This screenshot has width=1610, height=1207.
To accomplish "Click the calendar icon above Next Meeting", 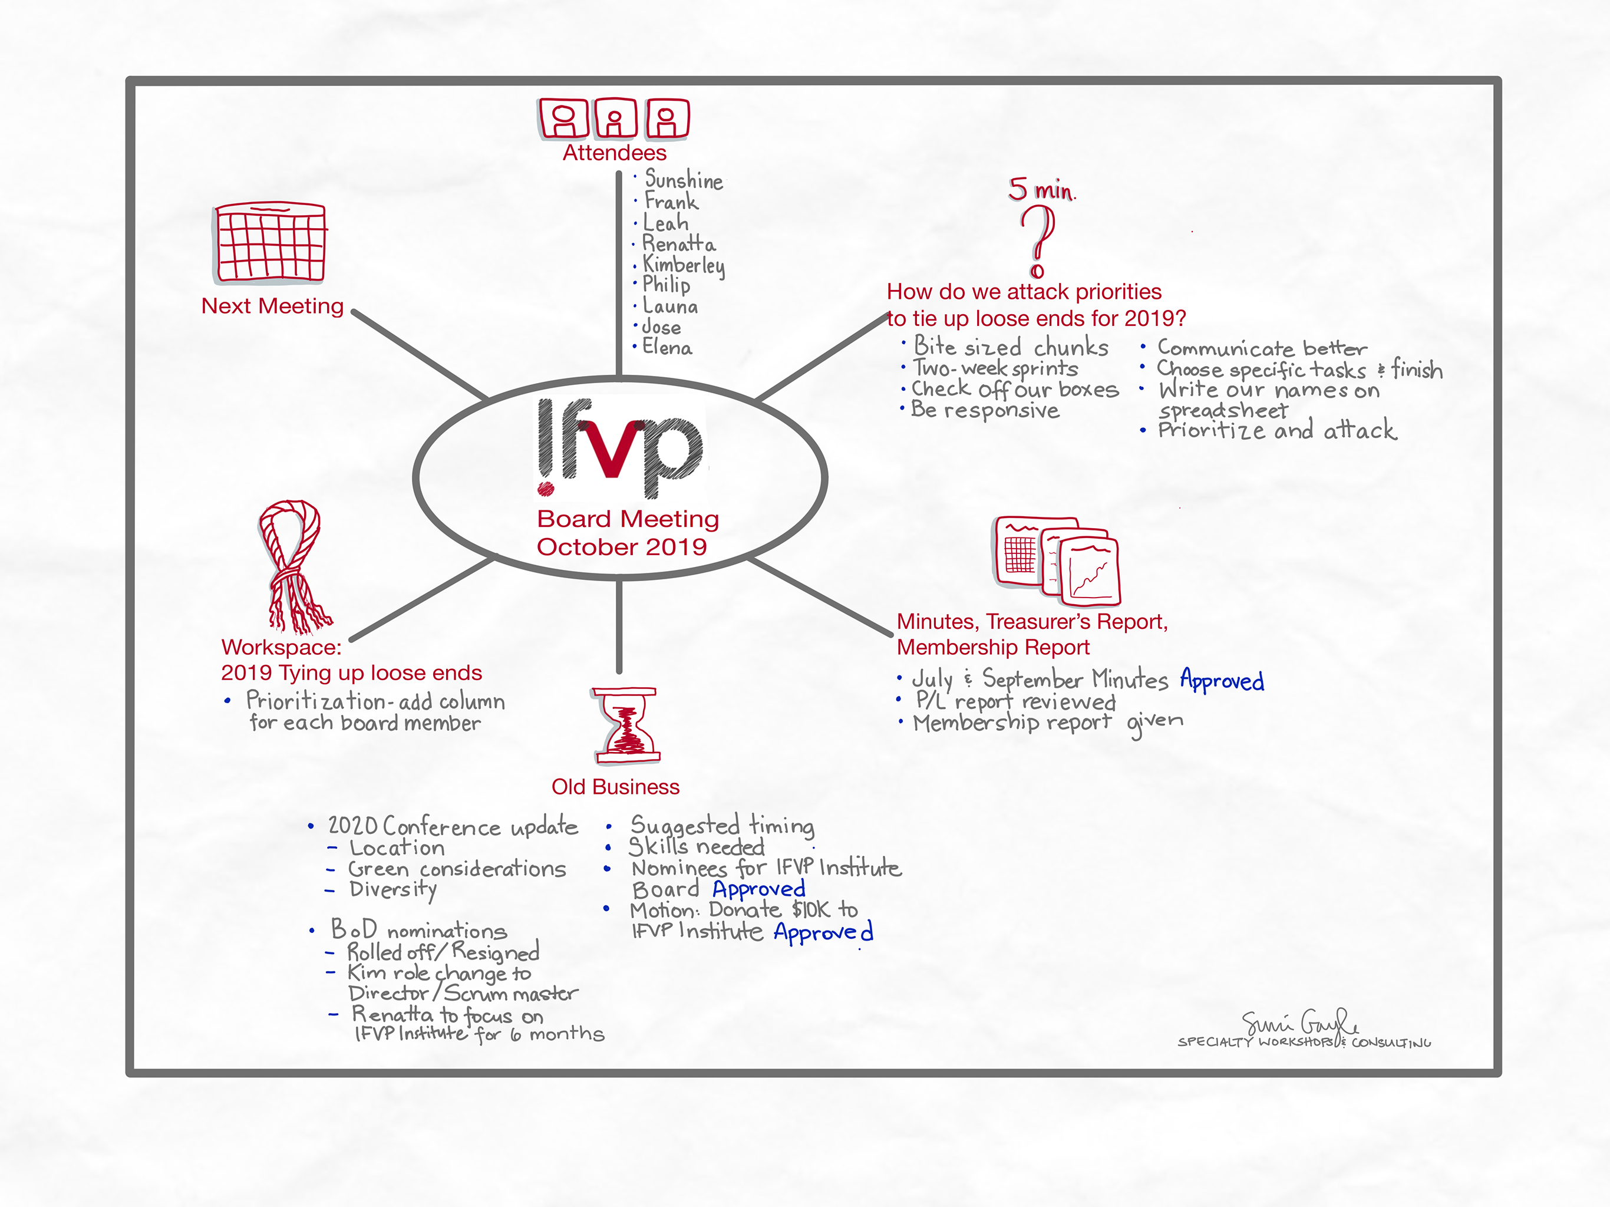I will point(270,242).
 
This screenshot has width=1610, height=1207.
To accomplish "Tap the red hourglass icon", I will point(626,725).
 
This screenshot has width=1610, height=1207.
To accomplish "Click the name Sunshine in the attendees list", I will point(684,180).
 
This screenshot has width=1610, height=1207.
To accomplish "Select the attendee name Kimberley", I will point(684,265).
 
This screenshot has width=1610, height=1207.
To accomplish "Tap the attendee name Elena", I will point(667,348).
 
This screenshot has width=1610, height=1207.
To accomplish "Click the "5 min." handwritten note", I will point(1041,190).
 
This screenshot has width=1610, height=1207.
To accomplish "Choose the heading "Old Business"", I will point(615,787).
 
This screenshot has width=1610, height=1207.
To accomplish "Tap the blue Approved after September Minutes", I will point(1221,680).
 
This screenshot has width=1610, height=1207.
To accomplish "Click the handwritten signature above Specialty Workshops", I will point(1300,1022).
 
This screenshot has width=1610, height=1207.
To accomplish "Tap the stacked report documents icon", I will point(1057,560).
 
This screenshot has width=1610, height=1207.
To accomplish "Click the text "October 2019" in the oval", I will point(622,547).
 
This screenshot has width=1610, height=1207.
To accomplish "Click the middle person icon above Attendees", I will point(616,118).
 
